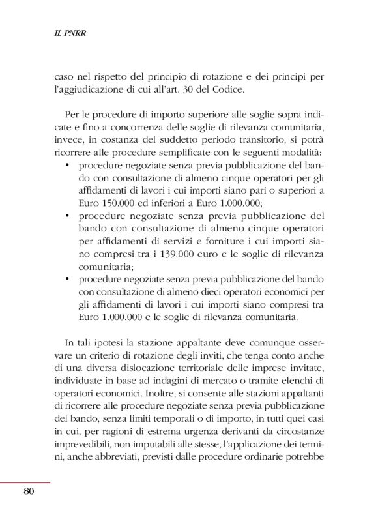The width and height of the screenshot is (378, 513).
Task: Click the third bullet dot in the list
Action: [x=69, y=280]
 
